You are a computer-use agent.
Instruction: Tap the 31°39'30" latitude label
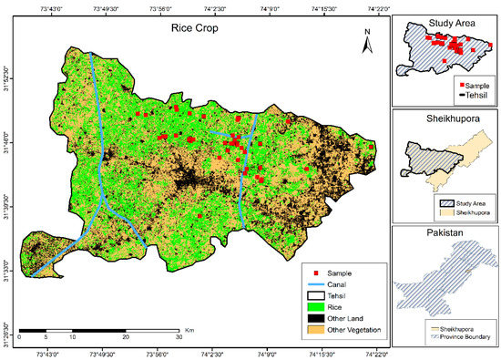click(x=6, y=201)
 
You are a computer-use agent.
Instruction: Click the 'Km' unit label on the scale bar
click(x=189, y=329)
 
